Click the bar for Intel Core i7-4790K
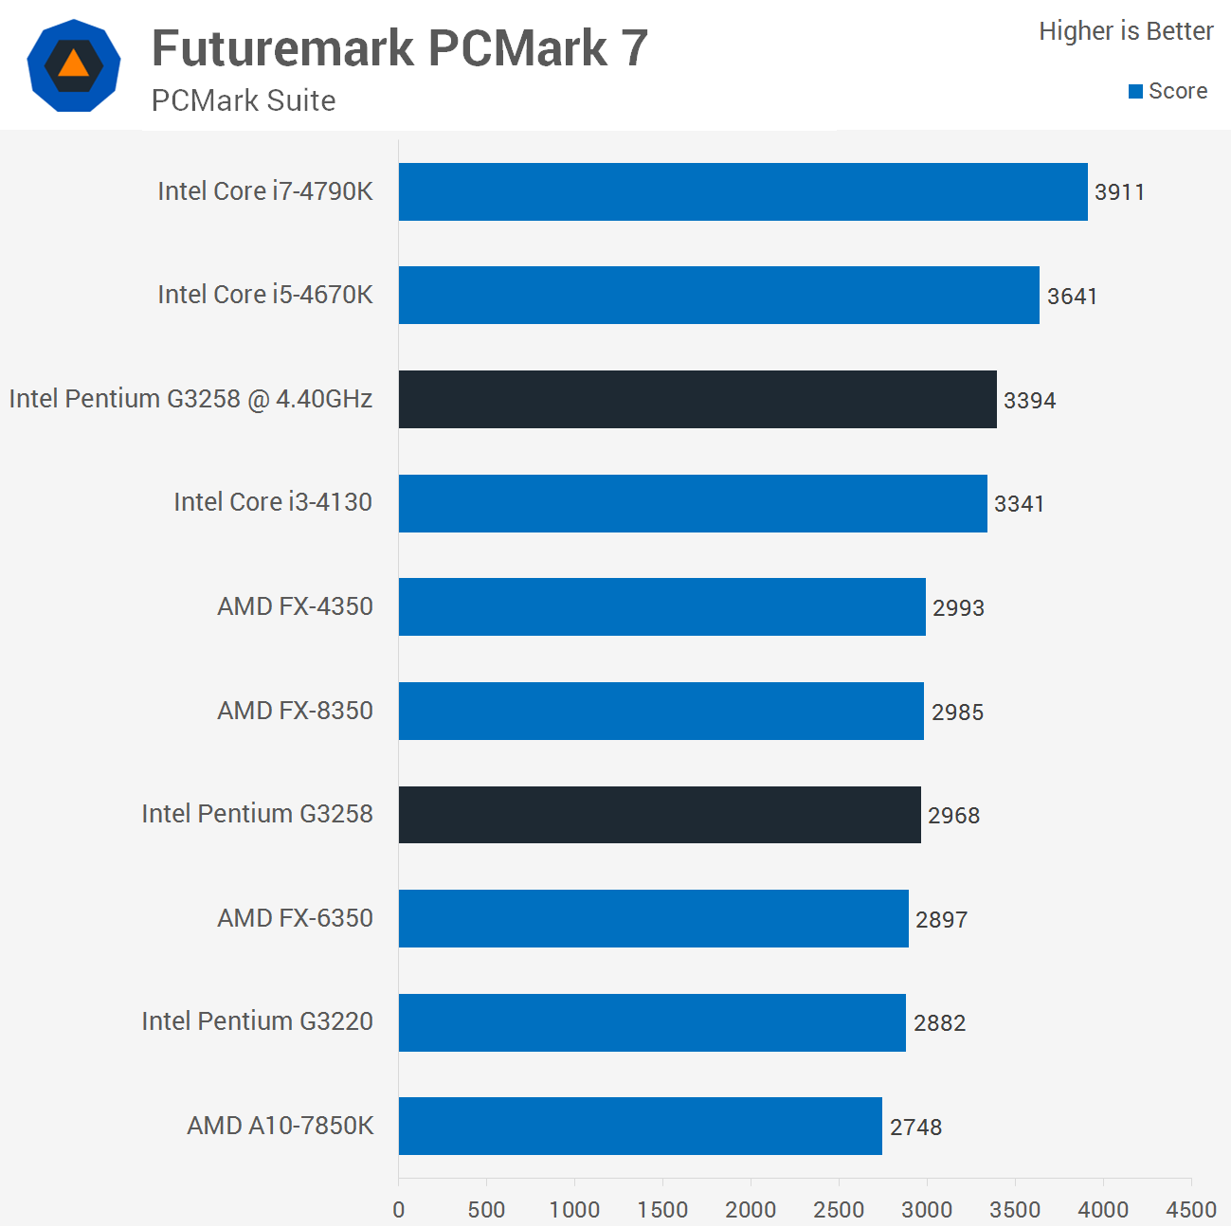click(743, 191)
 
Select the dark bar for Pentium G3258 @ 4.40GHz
click(697, 399)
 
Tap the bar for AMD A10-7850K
click(640, 1126)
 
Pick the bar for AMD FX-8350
click(661, 711)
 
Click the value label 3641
click(1072, 297)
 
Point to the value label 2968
click(953, 816)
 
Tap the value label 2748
click(915, 1128)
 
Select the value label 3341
click(1019, 504)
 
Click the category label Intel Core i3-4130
click(273, 502)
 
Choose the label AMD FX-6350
click(295, 918)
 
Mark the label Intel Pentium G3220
click(257, 1021)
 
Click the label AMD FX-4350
click(295, 606)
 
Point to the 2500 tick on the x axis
click(839, 1209)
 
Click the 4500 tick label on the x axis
click(1191, 1209)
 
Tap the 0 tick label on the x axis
click(399, 1209)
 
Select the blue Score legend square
click(1135, 92)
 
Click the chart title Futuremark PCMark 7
click(400, 48)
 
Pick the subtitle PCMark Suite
click(244, 100)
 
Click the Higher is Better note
click(1126, 31)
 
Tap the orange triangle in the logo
click(73, 64)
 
